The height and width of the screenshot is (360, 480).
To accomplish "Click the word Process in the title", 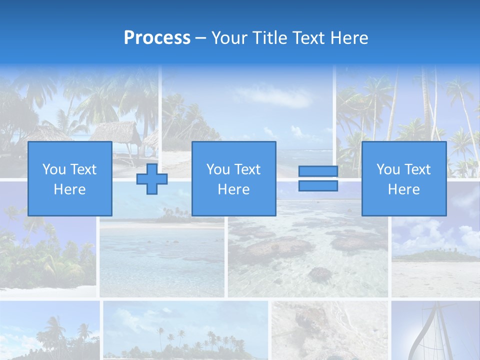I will pyautogui.click(x=157, y=38).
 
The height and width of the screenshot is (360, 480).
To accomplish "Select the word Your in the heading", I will pyautogui.click(x=230, y=38).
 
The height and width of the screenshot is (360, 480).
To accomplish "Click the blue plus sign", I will pyautogui.click(x=152, y=179).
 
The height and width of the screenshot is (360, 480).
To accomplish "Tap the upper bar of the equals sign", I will pyautogui.click(x=318, y=171).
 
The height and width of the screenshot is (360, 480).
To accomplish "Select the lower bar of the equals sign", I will pyautogui.click(x=318, y=186).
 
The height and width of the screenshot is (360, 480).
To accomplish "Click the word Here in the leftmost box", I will pyautogui.click(x=70, y=189).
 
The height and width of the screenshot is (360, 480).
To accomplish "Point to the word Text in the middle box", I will pyautogui.click(x=248, y=169).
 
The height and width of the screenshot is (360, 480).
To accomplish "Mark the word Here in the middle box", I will pyautogui.click(x=233, y=189).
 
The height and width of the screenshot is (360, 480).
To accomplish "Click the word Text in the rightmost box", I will pyautogui.click(x=418, y=169).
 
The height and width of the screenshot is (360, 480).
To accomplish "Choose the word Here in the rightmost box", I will pyautogui.click(x=404, y=189).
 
